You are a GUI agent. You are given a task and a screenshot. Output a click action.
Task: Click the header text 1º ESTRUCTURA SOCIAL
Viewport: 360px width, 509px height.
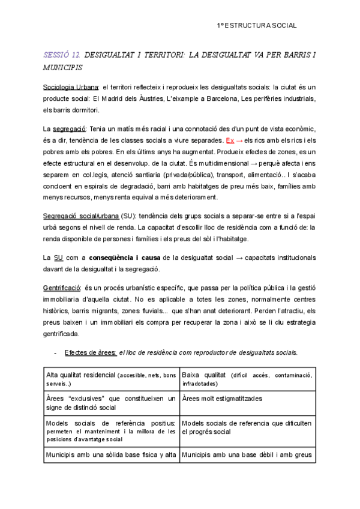257,26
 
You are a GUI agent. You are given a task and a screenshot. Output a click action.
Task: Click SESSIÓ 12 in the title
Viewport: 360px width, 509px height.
62,55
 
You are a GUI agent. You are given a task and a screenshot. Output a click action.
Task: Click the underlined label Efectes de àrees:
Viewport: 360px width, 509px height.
91,352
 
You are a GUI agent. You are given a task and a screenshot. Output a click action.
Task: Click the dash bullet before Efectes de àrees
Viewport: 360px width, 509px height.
55,352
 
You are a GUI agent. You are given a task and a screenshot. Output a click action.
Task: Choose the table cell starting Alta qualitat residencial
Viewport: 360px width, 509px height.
111,378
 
